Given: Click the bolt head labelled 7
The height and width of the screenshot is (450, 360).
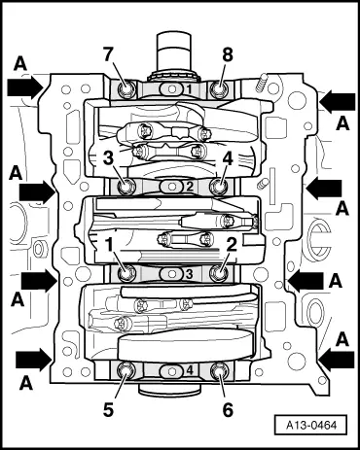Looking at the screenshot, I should point(127,91).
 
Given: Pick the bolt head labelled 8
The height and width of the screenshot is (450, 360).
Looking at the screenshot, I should point(220,91).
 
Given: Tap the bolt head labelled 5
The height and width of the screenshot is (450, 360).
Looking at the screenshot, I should point(127,369).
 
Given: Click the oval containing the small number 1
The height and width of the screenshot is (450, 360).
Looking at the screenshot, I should point(173,89).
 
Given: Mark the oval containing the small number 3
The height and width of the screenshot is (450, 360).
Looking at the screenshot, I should point(173,276).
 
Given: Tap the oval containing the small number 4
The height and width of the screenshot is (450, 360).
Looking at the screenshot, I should point(174,369).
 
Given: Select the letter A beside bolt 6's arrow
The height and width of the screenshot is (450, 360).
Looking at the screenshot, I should point(342,337).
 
